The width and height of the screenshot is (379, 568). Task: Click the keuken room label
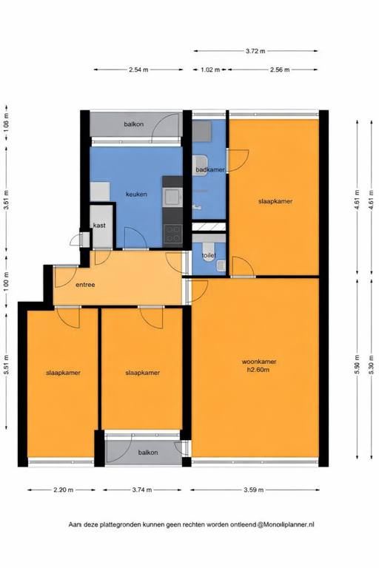(x=136, y=195)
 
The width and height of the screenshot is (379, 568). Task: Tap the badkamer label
(x=209, y=170)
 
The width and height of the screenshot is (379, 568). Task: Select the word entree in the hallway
(x=85, y=285)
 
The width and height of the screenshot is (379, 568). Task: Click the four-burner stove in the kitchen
(x=172, y=234)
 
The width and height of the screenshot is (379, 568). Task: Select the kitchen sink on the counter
(x=172, y=197)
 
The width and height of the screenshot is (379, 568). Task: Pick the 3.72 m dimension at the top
(x=256, y=51)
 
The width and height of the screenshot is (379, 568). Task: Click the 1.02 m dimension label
(x=211, y=70)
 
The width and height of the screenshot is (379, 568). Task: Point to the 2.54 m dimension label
(x=138, y=70)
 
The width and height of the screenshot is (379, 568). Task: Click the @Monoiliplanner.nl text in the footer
(x=286, y=524)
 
